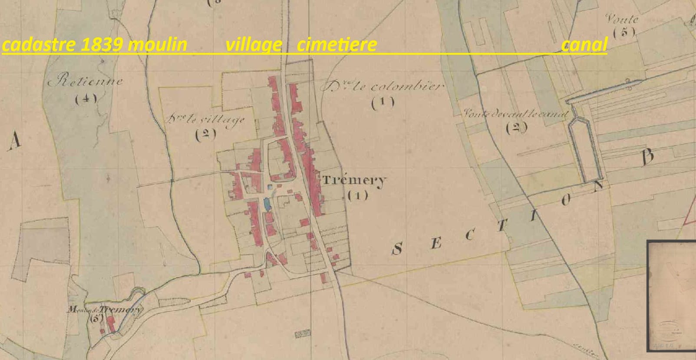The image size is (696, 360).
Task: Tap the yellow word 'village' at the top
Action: coord(254,44)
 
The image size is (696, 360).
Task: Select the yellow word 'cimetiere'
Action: coord(336,44)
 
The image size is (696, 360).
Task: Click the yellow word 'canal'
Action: coord(584,44)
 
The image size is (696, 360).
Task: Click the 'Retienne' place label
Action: coord(85,81)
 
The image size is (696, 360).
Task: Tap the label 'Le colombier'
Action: coord(382,86)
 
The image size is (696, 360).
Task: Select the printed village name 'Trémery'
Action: coord(354,180)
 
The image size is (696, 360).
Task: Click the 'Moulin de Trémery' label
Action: coord(104,310)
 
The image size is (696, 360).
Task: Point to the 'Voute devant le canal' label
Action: coord(515,114)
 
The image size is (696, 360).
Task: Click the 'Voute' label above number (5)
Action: coord(622,19)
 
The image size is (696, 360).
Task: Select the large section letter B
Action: coord(647,157)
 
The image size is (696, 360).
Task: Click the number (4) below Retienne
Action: coord(86,99)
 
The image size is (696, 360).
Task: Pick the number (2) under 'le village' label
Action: coord(205,134)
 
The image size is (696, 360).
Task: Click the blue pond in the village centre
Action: coord(267,202)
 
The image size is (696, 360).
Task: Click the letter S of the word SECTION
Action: coord(397,249)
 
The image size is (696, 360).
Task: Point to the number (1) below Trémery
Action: coord(358,195)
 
